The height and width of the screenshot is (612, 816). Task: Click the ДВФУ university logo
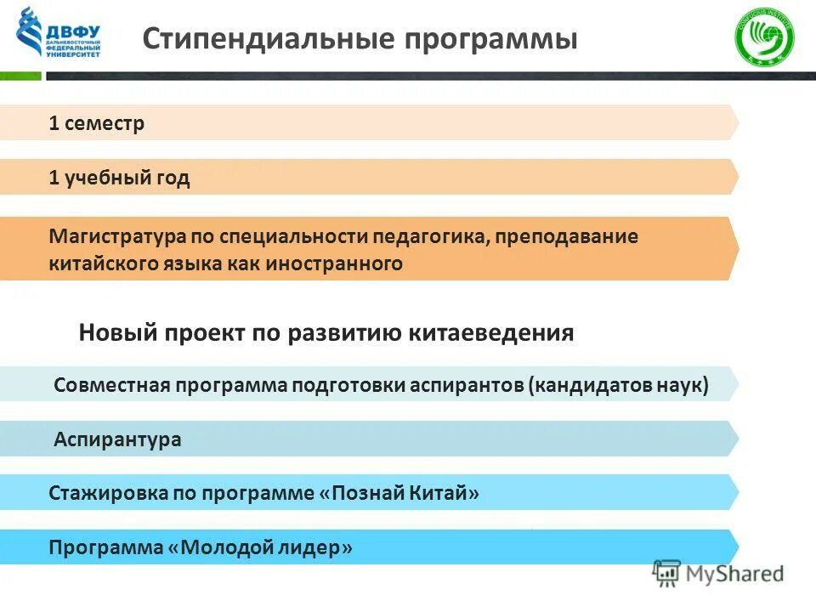click(x=58, y=33)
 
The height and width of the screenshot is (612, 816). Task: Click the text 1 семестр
click(x=97, y=124)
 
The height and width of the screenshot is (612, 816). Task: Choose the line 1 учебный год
click(x=119, y=178)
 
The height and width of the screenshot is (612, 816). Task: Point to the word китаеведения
click(x=494, y=333)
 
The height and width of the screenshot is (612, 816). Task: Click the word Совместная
click(x=111, y=385)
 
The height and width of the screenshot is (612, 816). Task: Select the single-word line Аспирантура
click(x=117, y=440)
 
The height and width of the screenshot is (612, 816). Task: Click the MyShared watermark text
click(x=736, y=574)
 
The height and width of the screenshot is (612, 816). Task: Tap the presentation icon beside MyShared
click(x=667, y=574)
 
